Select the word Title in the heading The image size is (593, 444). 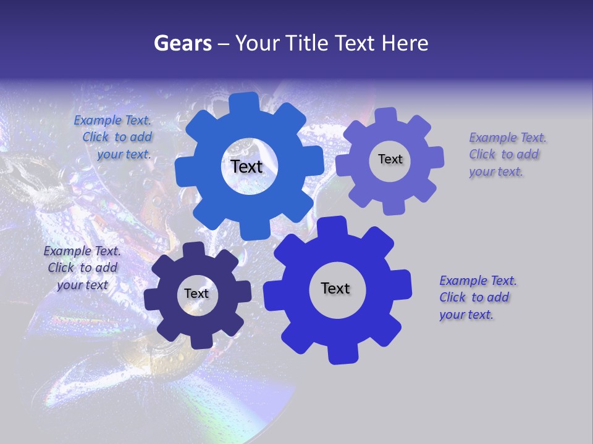[x=306, y=43]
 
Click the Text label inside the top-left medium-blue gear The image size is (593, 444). [x=246, y=166]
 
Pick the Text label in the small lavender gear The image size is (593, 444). [x=390, y=159]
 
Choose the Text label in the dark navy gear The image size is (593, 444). [x=196, y=294]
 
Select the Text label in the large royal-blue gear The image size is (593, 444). [x=335, y=288]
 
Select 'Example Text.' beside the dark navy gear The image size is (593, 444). [x=82, y=251]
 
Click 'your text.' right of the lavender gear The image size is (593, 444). [x=495, y=171]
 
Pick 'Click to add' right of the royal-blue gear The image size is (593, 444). [x=474, y=297]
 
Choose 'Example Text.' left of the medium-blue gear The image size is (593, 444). [x=112, y=120]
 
